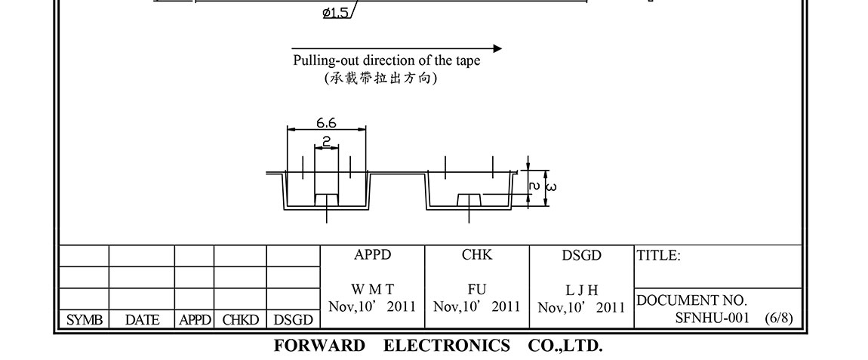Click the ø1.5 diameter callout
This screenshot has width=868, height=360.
pos(335,12)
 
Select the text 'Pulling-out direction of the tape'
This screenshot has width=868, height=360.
pos(386,61)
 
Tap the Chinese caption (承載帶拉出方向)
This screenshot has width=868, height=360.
pos(380,78)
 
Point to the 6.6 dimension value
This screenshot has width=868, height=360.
pos(326,122)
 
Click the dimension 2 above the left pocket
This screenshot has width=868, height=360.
pos(326,141)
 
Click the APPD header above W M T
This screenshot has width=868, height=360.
pos(373,255)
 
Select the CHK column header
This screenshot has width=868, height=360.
pos(477,255)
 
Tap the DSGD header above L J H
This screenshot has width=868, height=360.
pos(581,256)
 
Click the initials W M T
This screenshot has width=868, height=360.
pos(372,290)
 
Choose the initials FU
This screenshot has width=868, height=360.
pos(477,290)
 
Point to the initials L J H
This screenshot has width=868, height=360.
pos(581,291)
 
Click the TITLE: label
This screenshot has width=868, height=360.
pos(659,256)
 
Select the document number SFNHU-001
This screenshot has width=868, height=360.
pos(712,318)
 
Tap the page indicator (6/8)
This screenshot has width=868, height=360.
pos(778,318)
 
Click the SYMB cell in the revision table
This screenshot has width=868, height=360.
pos(85,320)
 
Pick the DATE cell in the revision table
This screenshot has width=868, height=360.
pos(142,320)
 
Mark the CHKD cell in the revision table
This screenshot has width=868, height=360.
pos(240,320)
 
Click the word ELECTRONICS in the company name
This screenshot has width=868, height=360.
pos(447,346)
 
